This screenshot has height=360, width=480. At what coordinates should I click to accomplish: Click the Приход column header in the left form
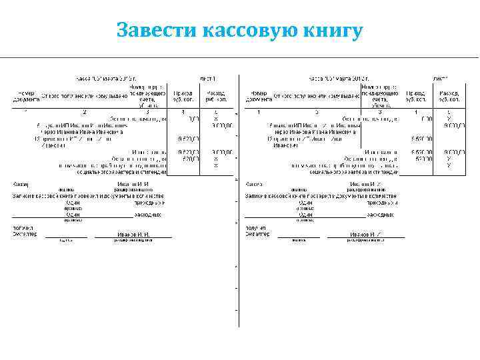tap(183, 96)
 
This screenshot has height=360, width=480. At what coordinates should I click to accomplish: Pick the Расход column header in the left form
tap(216, 96)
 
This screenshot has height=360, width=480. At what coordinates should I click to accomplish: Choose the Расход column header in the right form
tap(449, 96)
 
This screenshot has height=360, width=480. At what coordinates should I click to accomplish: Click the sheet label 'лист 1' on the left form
tap(209, 79)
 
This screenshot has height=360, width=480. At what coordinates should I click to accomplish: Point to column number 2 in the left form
tap(85, 111)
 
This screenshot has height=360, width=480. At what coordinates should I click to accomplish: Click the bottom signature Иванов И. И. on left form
tap(133, 235)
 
